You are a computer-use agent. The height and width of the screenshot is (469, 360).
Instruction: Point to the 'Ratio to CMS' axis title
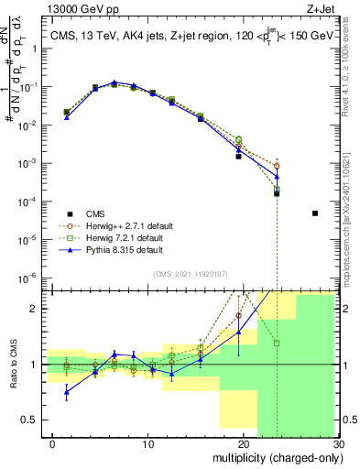click(12, 365)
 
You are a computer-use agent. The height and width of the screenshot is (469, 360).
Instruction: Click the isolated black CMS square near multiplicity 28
click(315, 213)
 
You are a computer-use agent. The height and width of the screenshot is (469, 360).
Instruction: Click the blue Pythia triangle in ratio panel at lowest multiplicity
click(66, 392)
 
